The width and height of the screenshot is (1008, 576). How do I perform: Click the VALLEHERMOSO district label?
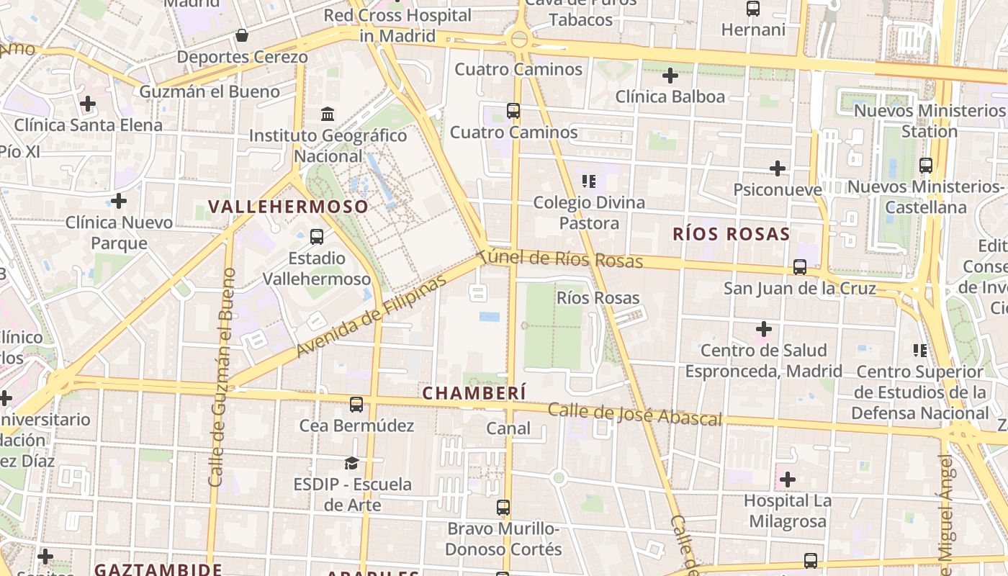coord(288,207)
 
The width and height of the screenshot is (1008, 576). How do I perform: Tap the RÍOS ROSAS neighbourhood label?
coord(732,234)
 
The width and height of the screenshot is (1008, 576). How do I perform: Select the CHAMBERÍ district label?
coord(474,393)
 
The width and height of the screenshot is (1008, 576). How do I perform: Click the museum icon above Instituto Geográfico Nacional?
coord(328,114)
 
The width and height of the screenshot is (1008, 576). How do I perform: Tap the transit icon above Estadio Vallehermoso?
coord(316,236)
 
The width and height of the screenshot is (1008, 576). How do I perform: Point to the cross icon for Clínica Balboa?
coord(670,75)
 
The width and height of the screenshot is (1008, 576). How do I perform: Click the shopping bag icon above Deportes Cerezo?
coord(242,35)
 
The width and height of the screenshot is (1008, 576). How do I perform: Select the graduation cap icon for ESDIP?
coord(351,462)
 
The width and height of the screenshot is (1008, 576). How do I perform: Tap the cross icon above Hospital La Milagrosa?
coord(788,479)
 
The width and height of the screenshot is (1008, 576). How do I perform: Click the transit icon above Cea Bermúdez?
coord(356,404)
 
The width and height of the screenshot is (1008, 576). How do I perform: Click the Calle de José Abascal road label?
coord(634,415)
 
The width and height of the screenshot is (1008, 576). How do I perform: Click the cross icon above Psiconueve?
coord(778,168)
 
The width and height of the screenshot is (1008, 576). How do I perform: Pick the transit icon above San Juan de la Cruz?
coord(800,267)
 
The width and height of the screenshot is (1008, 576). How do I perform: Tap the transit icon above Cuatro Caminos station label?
coord(513,111)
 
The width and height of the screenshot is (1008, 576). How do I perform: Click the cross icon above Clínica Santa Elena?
coord(88,104)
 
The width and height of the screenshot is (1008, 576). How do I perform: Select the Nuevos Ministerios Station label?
coord(929,121)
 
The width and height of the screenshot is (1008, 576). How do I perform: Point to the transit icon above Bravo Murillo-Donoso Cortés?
coord(503,508)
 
